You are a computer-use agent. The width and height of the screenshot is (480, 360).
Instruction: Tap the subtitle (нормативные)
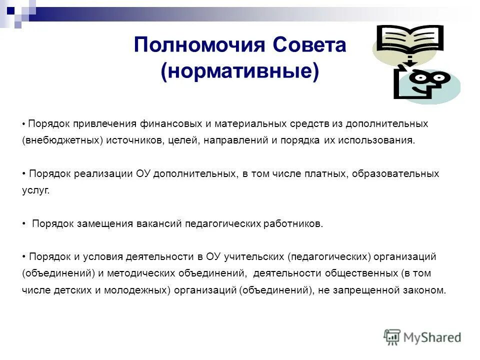coord(239,71)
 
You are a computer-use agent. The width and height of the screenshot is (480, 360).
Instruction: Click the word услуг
coord(36,190)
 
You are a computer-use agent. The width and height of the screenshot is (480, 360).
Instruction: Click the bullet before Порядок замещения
coord(24,223)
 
